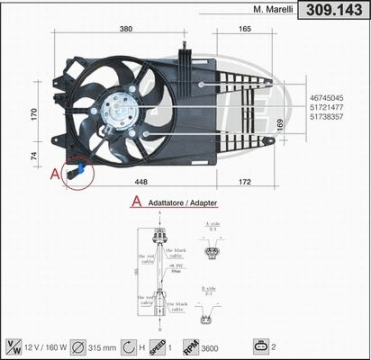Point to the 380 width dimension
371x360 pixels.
point(126,30)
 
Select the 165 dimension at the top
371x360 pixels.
point(245,30)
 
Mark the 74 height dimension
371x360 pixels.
point(34,155)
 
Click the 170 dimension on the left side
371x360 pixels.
point(34,114)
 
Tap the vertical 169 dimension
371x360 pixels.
point(279,122)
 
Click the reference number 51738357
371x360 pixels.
point(332,116)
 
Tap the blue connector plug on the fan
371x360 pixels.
point(80,168)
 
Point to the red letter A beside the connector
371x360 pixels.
point(55,172)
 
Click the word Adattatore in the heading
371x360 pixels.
point(164,204)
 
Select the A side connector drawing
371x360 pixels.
point(212,253)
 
